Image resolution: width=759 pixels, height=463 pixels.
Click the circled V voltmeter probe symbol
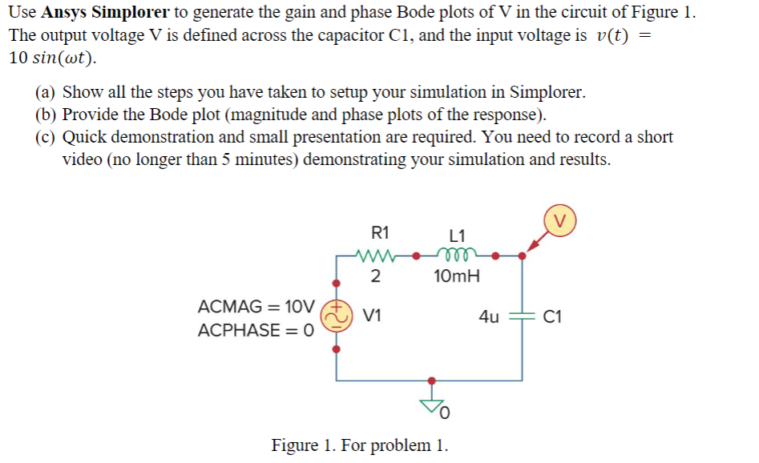click(x=561, y=218)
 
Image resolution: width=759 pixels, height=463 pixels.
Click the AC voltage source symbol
click(x=336, y=316)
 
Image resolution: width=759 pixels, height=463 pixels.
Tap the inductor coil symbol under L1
click(x=458, y=256)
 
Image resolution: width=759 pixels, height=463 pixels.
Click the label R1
click(x=381, y=234)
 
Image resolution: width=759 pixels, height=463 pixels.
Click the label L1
click(x=458, y=236)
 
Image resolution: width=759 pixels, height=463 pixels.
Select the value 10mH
click(x=457, y=278)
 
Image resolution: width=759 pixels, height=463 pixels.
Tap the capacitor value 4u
click(x=489, y=316)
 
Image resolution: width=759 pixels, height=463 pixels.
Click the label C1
click(x=552, y=316)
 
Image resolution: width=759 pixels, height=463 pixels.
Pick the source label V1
click(x=372, y=316)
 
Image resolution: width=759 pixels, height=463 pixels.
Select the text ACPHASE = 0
click(x=255, y=330)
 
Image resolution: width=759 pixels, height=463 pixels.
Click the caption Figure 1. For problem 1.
click(x=360, y=445)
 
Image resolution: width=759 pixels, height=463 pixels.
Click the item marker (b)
click(x=46, y=115)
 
